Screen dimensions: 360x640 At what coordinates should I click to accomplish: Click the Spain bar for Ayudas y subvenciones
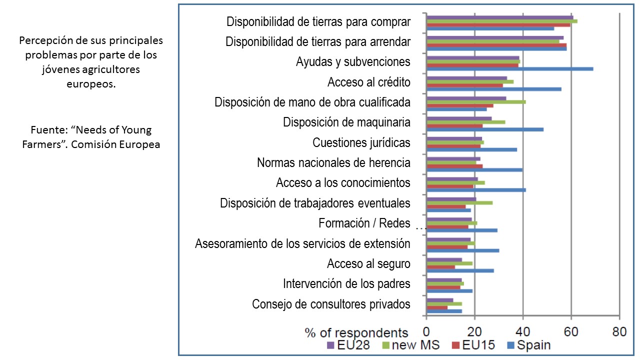click(x=509, y=68)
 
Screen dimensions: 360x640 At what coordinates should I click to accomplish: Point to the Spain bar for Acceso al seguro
click(x=459, y=270)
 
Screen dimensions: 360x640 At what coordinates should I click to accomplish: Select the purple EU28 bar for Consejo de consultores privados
click(x=439, y=300)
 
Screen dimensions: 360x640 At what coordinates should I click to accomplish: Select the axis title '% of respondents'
click(x=356, y=332)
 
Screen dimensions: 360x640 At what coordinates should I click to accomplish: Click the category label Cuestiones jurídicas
click(x=361, y=142)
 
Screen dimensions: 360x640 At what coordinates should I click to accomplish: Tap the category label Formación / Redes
click(x=364, y=223)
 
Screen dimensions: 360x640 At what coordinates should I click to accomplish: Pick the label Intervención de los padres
click(x=346, y=283)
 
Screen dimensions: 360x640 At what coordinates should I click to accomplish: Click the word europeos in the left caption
click(x=91, y=84)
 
